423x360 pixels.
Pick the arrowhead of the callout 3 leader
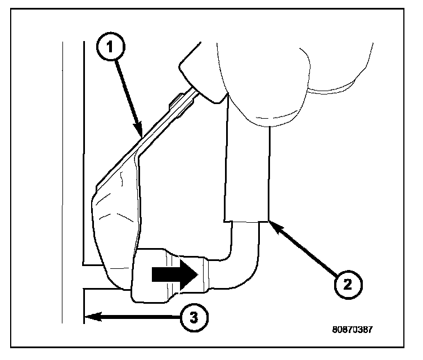coord(89,318)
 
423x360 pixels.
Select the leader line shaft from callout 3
coord(135,318)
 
